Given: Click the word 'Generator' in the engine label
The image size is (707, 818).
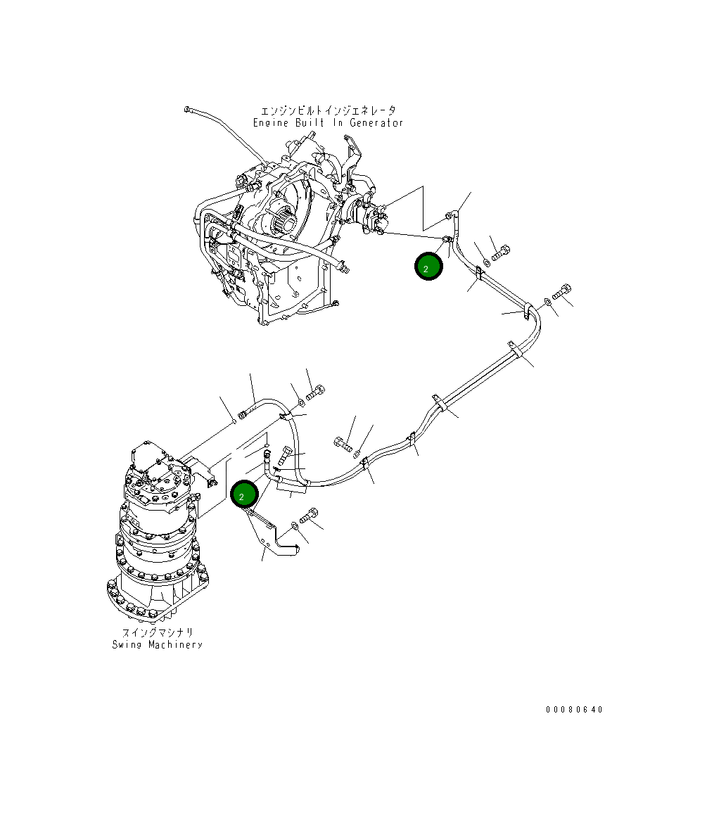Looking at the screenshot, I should coord(376,123).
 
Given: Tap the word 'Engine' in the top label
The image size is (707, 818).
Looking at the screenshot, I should coord(271,123).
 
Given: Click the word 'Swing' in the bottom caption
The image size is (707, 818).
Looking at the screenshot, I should coord(126,644).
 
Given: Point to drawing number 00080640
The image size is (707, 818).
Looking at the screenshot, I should coord(574,710).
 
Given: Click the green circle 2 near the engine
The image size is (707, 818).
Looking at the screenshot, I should coord(428,267).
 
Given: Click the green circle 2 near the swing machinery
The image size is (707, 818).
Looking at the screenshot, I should coord(243,495).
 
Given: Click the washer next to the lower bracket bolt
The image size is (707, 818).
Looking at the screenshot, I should coord(294,526).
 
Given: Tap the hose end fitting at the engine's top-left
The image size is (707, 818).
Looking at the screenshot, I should coord(187,108).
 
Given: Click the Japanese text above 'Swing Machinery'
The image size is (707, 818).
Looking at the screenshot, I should coord(156,632).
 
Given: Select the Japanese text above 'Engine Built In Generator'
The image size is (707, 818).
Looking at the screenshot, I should coord(328,111).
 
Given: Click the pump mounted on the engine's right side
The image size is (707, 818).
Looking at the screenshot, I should coord(369,215).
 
